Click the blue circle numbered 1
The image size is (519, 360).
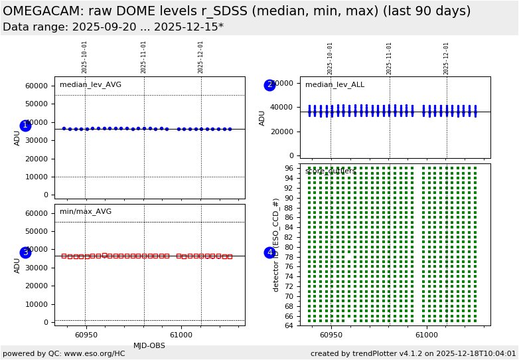click(x=25, y=126)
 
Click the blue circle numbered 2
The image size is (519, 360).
click(x=269, y=85)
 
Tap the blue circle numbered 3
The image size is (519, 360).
click(x=25, y=252)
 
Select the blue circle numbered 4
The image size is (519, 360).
click(x=269, y=252)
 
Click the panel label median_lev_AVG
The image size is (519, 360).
click(x=90, y=85)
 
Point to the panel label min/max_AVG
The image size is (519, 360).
click(x=86, y=212)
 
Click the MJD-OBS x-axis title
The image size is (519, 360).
click(x=149, y=346)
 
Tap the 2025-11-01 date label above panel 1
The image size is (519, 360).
click(x=144, y=57)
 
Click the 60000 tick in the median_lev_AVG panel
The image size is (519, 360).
click(x=37, y=86)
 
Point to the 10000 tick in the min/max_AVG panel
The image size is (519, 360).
click(x=37, y=304)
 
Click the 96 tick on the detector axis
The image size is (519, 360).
click(x=289, y=169)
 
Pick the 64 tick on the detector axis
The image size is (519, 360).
click(x=289, y=325)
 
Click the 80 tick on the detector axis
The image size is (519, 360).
click(x=289, y=247)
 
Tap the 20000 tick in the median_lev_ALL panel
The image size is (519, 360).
click(x=282, y=132)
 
